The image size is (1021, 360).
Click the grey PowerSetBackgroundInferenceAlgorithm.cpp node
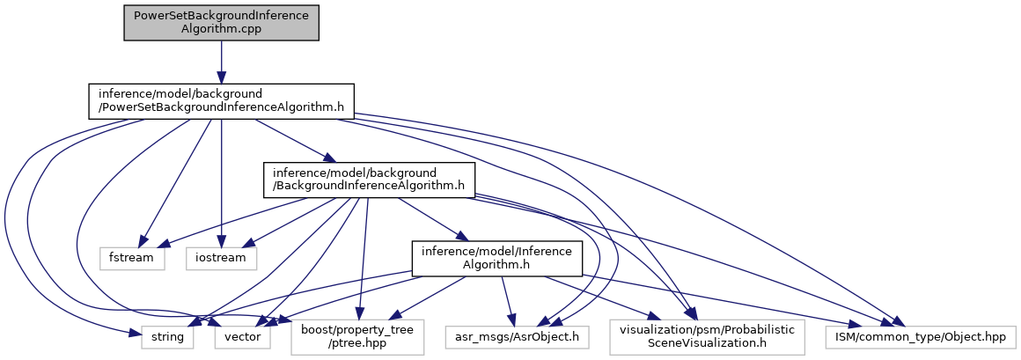(x=220, y=22)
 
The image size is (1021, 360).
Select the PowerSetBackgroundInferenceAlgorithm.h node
(x=221, y=101)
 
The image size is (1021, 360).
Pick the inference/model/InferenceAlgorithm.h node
(x=498, y=258)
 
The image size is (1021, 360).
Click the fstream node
(x=131, y=259)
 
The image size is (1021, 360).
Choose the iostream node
(x=221, y=259)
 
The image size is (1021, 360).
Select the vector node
(x=242, y=336)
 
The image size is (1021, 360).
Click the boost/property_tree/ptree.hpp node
(x=357, y=336)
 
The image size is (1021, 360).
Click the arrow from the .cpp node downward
(x=221, y=62)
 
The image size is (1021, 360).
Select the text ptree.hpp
(x=357, y=344)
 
